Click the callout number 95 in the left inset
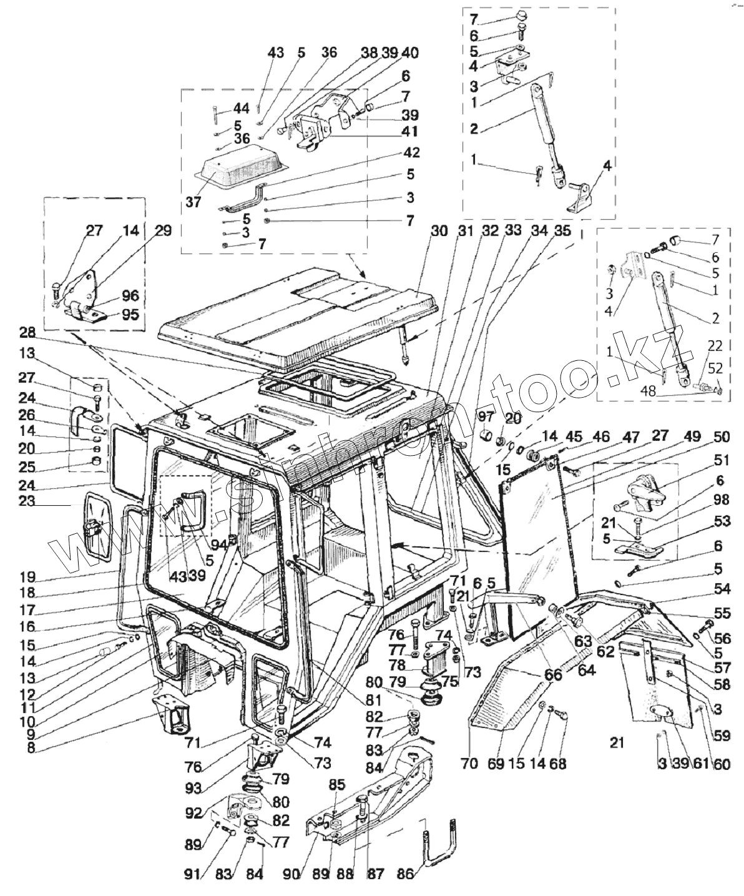tap(130, 314)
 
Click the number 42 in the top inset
tap(411, 153)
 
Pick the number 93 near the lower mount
tap(193, 788)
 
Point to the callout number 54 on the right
tap(722, 589)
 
